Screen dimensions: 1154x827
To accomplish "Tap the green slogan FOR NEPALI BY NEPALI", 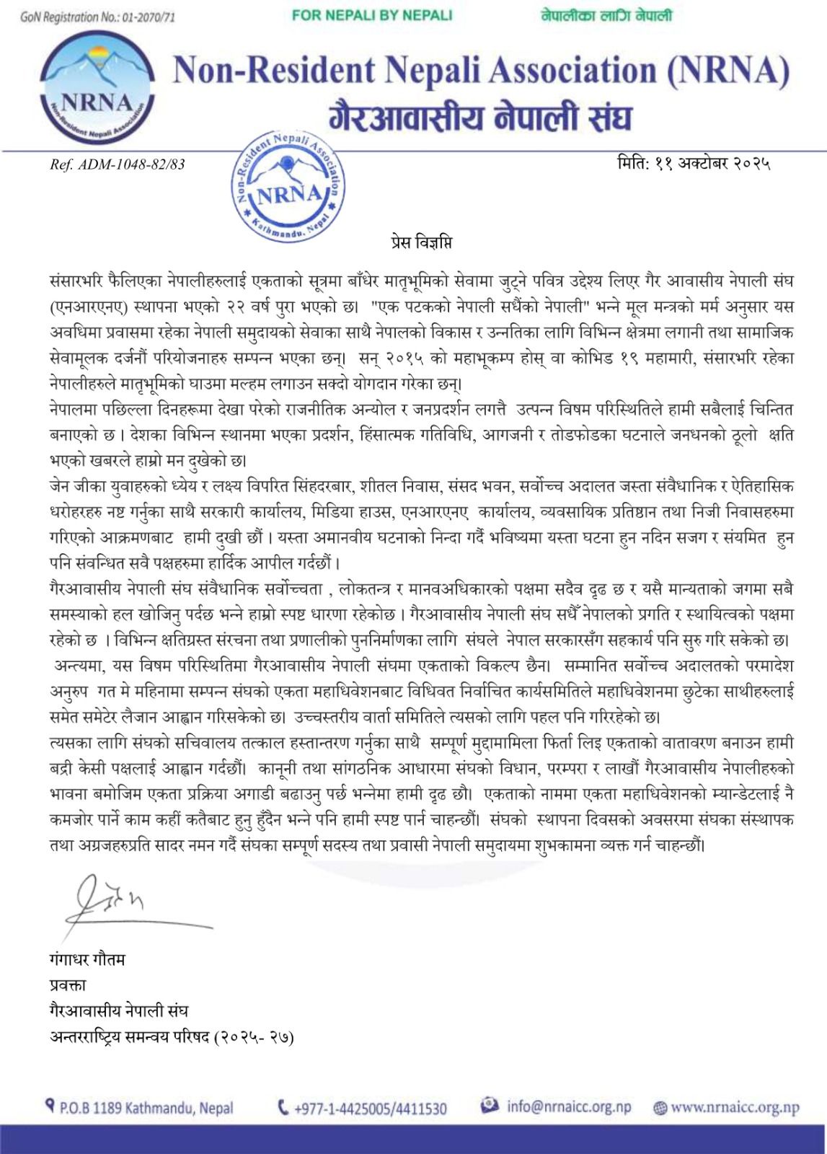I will pos(372,15).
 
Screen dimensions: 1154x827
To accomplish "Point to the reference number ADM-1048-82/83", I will pos(118,164).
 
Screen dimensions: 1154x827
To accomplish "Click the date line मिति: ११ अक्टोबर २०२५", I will pos(694,164).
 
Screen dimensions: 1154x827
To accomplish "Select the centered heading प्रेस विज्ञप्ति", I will pos(412,243).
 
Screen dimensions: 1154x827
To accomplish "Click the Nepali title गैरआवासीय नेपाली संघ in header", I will pos(479,117).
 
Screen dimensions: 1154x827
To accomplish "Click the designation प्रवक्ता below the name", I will pos(68,985).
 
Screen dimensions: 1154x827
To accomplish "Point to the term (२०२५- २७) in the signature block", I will pos(255,1037).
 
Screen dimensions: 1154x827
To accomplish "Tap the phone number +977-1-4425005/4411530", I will pos(370,1108).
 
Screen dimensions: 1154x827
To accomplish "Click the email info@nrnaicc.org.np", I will pos(568,1106).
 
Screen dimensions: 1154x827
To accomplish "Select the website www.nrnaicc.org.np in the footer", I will pos(735,1107).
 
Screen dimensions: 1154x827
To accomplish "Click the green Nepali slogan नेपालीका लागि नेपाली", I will pos(606,14).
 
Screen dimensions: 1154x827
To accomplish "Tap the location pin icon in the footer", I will pos(50,1105).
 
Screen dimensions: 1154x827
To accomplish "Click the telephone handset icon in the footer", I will pos(283,1106).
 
